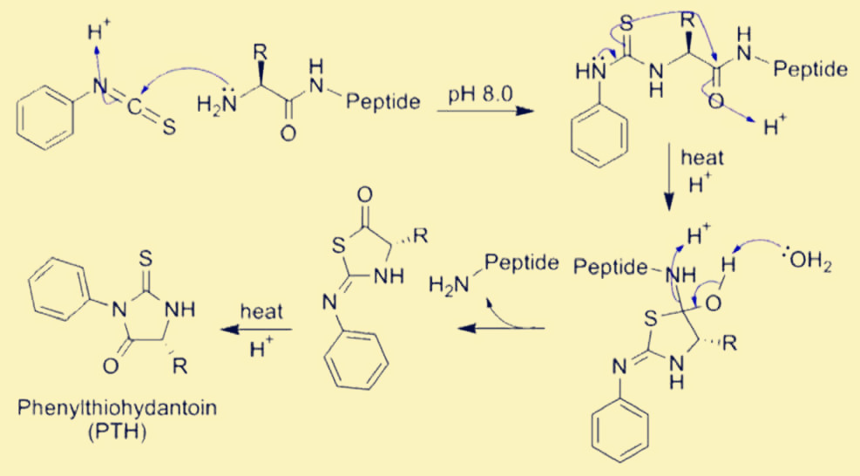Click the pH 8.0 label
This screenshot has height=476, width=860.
(x=480, y=94)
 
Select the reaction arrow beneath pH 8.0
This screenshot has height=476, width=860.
(x=485, y=112)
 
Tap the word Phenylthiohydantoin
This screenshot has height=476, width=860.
(x=117, y=409)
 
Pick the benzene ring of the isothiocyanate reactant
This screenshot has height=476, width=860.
(x=45, y=117)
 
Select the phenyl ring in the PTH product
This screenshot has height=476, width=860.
(x=58, y=289)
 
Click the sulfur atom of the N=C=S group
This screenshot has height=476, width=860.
(x=169, y=127)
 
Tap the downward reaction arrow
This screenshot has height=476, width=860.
(x=668, y=178)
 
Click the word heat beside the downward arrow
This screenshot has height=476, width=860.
(x=702, y=159)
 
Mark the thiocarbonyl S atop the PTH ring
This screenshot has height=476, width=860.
(x=146, y=258)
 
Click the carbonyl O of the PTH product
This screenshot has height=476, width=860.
(x=111, y=366)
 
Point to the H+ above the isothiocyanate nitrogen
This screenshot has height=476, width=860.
(x=98, y=32)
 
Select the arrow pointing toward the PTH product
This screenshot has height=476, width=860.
(x=255, y=330)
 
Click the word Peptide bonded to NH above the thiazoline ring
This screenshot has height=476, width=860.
(x=611, y=268)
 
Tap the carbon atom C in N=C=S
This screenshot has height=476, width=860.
(x=134, y=107)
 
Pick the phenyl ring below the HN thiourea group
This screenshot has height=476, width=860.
(x=599, y=134)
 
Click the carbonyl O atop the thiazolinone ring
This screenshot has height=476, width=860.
(x=364, y=194)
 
